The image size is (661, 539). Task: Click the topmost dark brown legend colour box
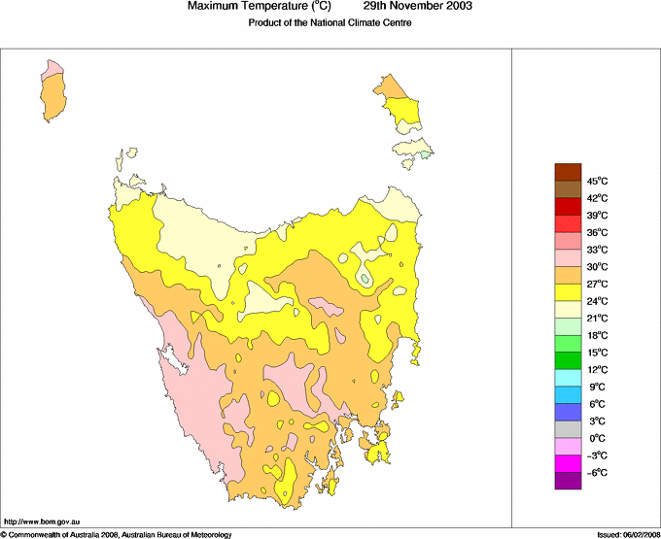click(x=568, y=172)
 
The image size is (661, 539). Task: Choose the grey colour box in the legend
click(x=568, y=429)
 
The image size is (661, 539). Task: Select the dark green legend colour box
click(x=568, y=360)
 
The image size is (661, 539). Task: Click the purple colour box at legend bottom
click(x=568, y=481)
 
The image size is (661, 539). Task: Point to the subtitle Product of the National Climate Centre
click(x=330, y=23)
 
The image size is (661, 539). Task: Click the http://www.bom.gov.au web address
click(x=41, y=522)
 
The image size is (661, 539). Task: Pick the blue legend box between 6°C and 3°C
click(x=568, y=412)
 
